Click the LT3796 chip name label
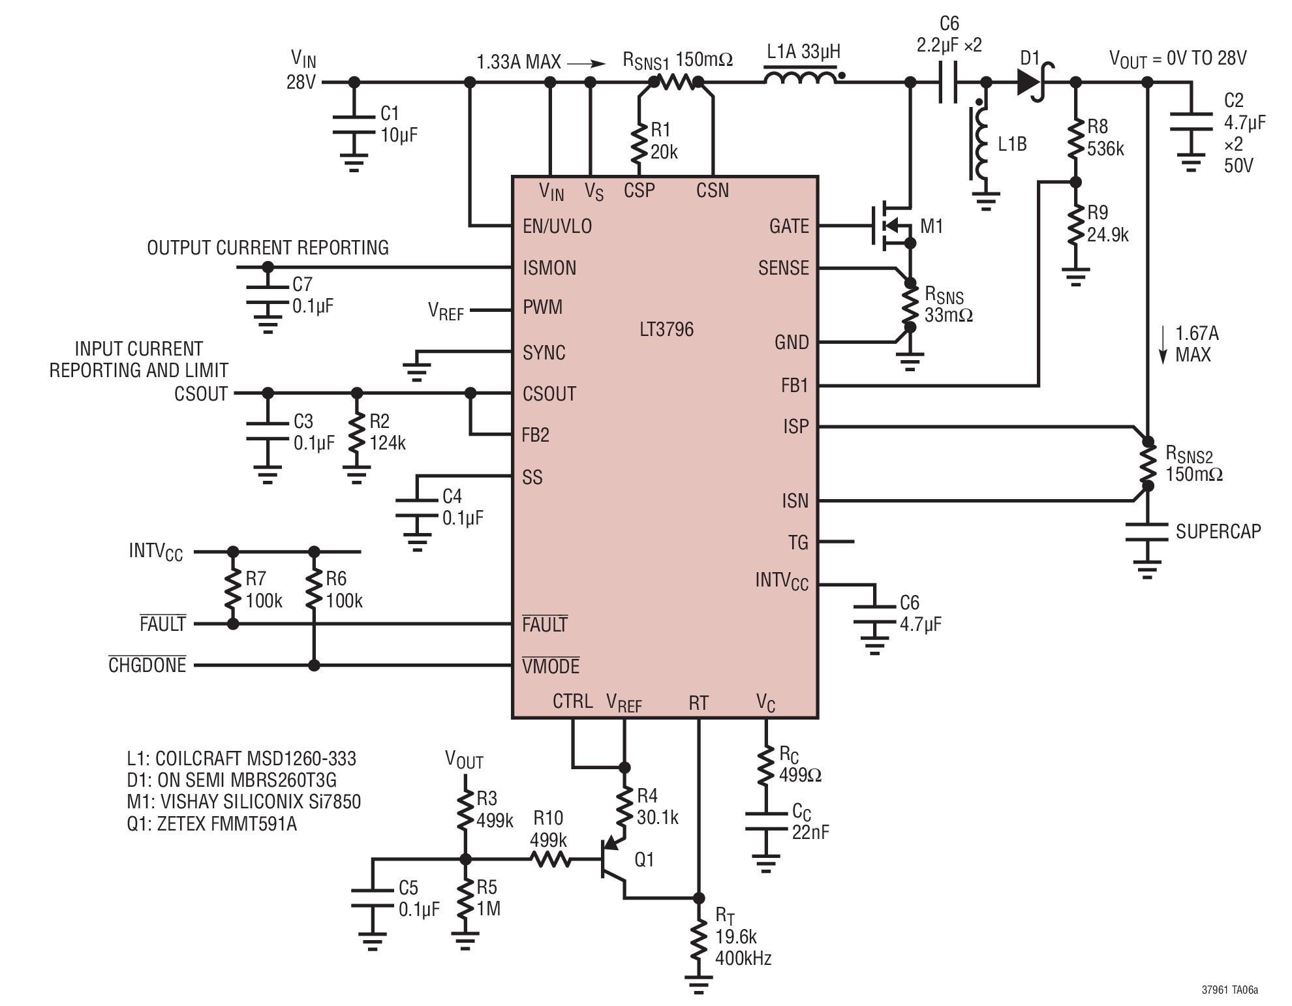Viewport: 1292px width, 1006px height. point(666,329)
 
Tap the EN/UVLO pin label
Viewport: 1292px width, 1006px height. point(557,226)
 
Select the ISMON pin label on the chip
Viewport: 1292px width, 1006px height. point(549,268)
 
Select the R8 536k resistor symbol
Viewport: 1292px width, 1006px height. point(1075,138)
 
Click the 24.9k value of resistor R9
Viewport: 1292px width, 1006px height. point(1107,235)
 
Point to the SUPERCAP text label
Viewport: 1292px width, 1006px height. point(1218,532)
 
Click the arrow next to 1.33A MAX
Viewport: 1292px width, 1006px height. point(587,63)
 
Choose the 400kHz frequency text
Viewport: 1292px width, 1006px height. point(743,958)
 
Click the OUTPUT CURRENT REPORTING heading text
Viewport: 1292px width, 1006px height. point(268,248)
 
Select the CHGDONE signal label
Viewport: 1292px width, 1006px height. point(147,665)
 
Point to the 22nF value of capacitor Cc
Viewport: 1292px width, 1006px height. point(810,832)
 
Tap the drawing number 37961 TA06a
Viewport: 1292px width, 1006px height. point(1230,990)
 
